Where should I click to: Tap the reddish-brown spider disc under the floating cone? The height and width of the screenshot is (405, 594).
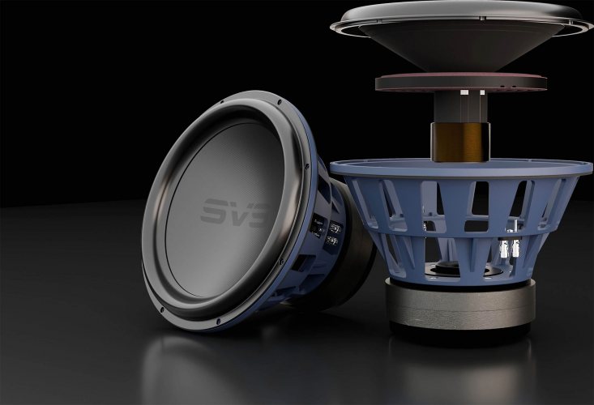click(460, 82)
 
